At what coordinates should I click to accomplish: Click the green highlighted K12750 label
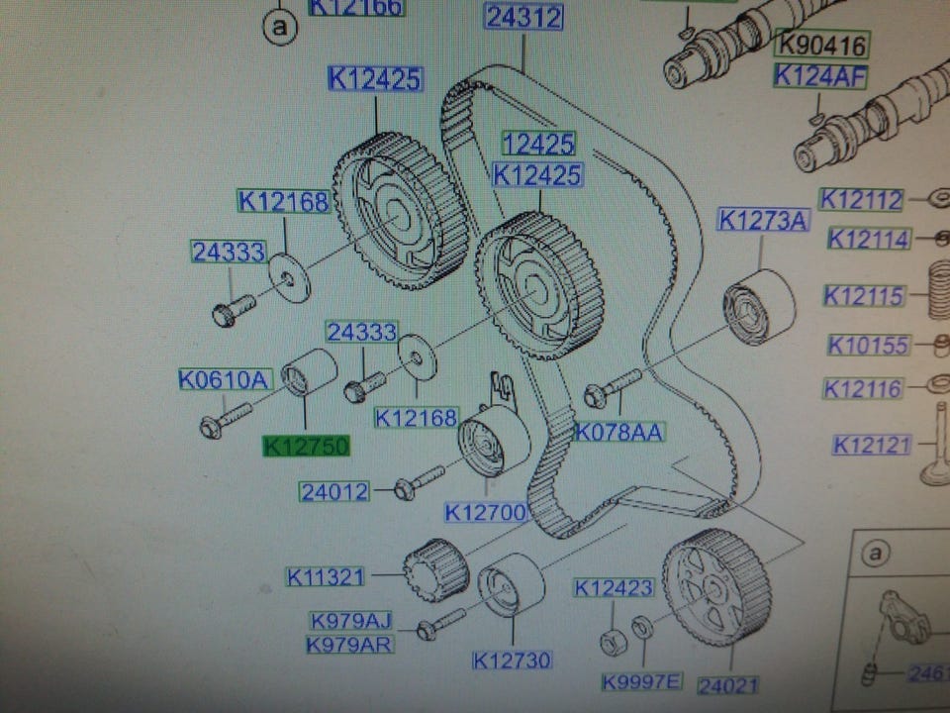tap(306, 447)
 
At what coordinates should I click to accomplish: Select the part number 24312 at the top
tap(523, 18)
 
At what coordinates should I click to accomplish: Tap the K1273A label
tap(763, 220)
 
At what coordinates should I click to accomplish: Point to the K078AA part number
tap(620, 432)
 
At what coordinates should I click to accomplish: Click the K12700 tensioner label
tap(484, 512)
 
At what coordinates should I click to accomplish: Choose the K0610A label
tap(225, 378)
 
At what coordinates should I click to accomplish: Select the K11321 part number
tap(326, 576)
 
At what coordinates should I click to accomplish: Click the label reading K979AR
tap(349, 645)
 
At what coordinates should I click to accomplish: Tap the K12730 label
tap(512, 660)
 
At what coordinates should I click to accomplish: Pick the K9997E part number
tap(642, 682)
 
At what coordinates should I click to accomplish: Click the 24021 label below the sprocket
tap(727, 684)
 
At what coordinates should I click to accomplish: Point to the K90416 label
tap(820, 46)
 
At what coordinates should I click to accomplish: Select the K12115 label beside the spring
tap(866, 295)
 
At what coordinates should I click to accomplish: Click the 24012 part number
tap(334, 491)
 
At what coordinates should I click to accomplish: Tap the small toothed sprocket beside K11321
tap(435, 569)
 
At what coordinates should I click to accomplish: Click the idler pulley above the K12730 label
tap(511, 584)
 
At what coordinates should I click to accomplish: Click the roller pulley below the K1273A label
tap(759, 306)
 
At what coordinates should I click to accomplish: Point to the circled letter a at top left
tap(280, 29)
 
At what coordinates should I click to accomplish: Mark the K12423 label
tap(614, 588)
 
